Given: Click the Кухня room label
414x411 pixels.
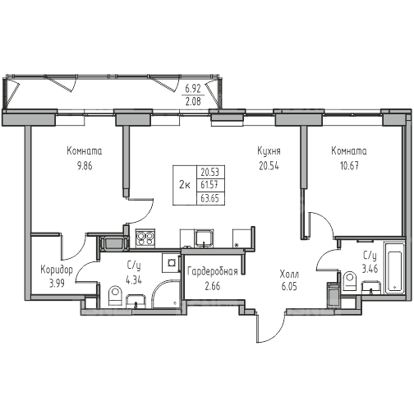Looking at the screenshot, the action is (269, 151).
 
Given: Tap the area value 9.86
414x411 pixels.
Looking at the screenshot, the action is (85, 166).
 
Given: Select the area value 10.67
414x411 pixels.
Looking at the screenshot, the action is (349, 166).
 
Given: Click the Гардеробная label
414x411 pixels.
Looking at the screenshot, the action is (213, 271).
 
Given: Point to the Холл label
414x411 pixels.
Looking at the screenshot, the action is (289, 274).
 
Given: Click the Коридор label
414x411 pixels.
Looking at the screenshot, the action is (57, 270).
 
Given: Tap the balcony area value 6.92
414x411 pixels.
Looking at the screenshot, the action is (193, 89).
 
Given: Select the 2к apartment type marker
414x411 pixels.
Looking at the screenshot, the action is (185, 185).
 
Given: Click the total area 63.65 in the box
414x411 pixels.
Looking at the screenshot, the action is (210, 198).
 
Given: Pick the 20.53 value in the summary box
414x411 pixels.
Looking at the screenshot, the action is (210, 172).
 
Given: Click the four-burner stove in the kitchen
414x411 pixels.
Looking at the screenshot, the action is (145, 238).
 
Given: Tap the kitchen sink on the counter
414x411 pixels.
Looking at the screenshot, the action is (204, 238).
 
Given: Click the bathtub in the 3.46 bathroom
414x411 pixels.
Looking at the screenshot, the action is (394, 268).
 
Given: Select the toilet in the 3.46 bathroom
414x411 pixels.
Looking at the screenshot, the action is (350, 281).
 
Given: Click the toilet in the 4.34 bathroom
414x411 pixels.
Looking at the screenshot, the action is (115, 296).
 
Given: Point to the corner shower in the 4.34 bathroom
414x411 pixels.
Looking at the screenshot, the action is (165, 294).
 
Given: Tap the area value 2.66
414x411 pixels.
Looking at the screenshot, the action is (213, 286).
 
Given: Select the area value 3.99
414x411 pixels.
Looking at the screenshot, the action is (57, 284).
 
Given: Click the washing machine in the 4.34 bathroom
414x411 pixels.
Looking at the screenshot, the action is (172, 263).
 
